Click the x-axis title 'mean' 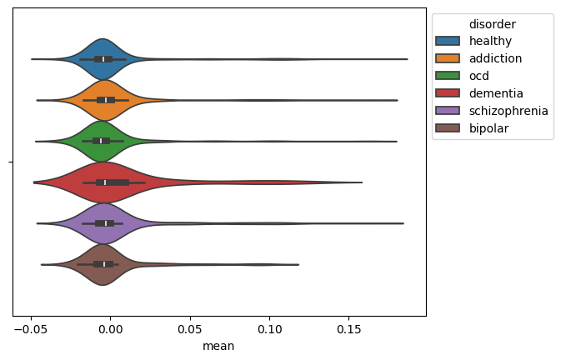click(218, 346)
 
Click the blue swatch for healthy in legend click(448, 41)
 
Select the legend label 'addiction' click(495, 58)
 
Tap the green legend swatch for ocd click(448, 76)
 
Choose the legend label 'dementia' click(495, 93)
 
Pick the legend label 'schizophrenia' click(508, 111)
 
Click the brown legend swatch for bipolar click(448, 128)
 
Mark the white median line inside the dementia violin click(105, 182)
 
